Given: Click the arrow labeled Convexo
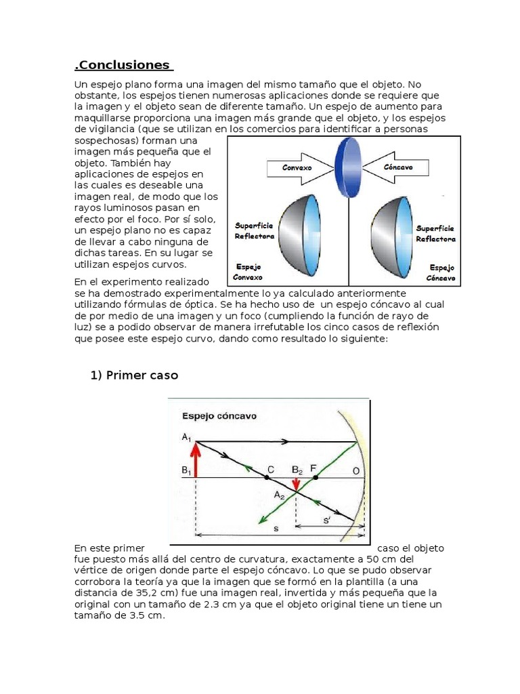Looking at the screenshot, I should coord(295,167).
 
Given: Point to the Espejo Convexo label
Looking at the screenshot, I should coord(248,272).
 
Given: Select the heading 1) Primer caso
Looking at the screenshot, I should coord(134,375).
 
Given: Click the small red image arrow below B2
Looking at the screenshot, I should coord(296,483).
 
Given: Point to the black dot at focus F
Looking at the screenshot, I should coord(315,478).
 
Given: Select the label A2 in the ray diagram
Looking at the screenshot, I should coord(279,495).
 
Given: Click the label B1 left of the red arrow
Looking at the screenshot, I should coord(186,469).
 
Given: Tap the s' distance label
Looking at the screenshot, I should coord(328,520).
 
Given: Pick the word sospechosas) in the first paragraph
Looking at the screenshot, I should coord(106,140).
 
